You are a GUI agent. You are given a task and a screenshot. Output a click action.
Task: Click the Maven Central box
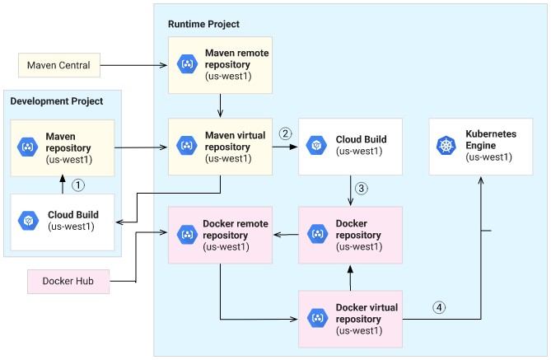coord(58,65)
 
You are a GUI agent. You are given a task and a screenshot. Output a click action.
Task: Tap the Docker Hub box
coord(68,281)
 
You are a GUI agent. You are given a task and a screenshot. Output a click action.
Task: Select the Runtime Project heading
coord(203,25)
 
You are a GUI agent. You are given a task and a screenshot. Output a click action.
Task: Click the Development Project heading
coord(57,101)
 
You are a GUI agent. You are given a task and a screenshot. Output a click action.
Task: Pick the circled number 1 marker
coord(78,185)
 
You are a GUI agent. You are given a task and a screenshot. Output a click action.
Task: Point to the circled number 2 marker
coord(286,133)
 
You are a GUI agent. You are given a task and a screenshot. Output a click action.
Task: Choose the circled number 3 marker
coord(361,188)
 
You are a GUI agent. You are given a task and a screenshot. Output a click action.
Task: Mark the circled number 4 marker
coord(439,307)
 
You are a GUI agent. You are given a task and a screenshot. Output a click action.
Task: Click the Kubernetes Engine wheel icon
coord(446,146)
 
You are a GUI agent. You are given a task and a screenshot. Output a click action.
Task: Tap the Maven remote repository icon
coord(186,64)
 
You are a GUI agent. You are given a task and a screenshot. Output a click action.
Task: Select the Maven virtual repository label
coord(236,147)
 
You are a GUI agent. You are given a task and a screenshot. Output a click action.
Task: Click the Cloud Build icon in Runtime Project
coord(315,146)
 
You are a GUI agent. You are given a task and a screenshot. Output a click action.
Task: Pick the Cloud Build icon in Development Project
coord(28,221)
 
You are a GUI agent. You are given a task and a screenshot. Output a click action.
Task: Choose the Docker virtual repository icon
coord(316,319)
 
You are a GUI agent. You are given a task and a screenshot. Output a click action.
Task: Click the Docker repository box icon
coord(316,235)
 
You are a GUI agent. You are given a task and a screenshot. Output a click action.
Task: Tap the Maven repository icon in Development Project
coord(28,147)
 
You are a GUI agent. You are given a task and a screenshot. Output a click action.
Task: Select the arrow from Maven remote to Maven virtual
coord(221,105)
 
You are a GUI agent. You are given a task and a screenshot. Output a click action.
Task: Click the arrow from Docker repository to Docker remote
coord(285,235)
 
